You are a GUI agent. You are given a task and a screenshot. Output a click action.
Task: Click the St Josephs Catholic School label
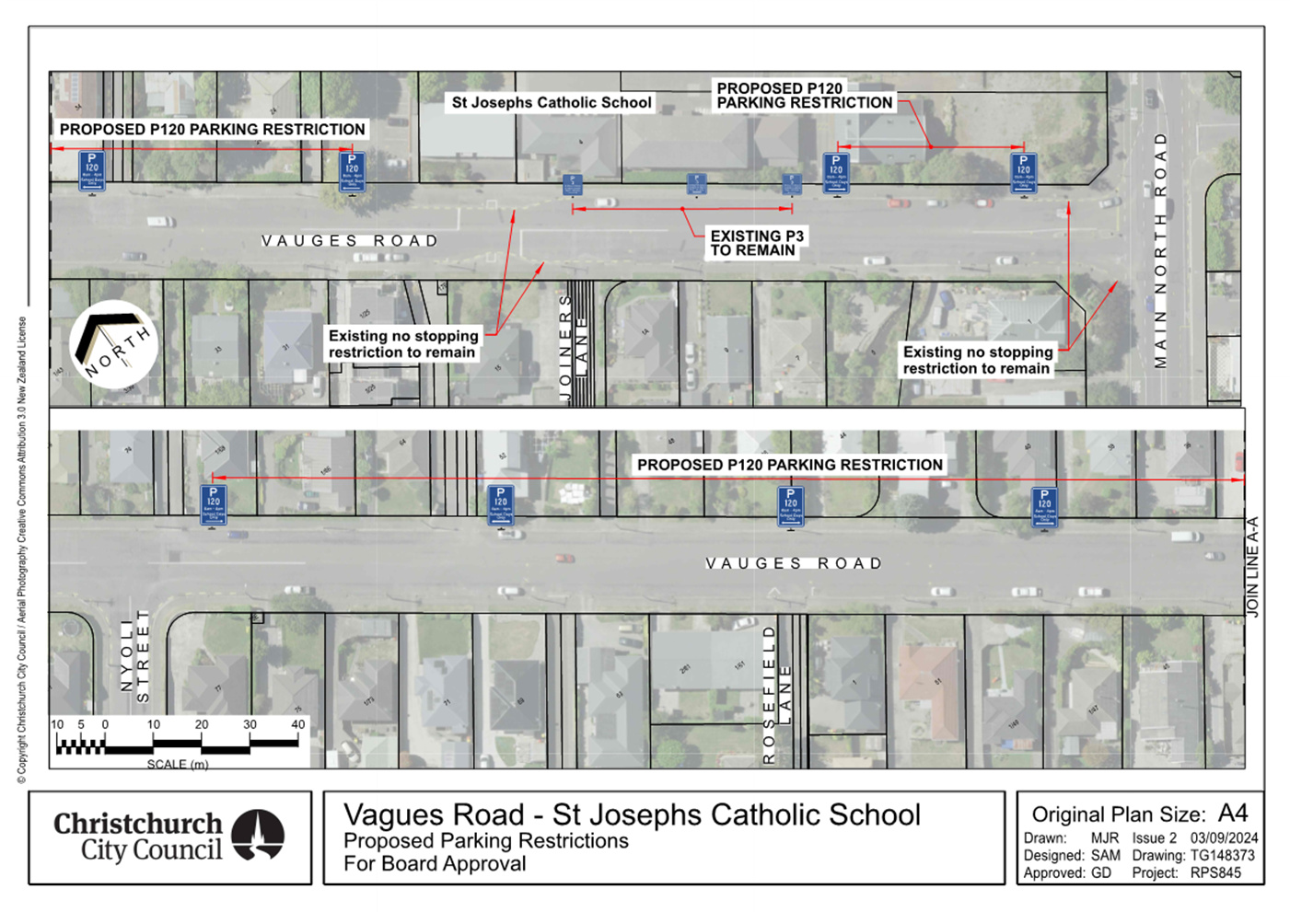click(x=551, y=103)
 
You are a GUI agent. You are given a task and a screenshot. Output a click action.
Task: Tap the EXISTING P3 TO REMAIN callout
click(x=756, y=243)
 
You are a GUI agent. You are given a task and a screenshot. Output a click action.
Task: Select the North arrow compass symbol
click(x=113, y=344)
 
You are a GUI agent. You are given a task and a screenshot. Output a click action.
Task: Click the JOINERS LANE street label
click(x=573, y=345)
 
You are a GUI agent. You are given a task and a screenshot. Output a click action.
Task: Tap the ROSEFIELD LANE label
click(x=777, y=695)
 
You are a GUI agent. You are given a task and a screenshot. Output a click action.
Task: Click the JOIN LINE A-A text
click(x=1252, y=567)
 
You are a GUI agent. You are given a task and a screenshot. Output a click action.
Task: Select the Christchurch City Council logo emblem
click(x=258, y=835)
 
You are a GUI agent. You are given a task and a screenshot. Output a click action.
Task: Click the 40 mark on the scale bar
click(x=297, y=724)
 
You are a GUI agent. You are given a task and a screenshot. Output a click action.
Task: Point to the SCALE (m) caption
click(x=178, y=764)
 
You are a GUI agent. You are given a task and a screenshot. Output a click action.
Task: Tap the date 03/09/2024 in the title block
click(x=1224, y=837)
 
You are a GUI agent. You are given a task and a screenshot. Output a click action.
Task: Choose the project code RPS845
click(x=1215, y=872)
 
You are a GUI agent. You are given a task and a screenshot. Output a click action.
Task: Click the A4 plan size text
click(x=1232, y=814)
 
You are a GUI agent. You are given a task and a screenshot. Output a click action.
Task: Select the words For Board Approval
click(x=435, y=863)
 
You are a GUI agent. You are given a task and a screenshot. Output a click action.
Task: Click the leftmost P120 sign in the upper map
click(x=91, y=171)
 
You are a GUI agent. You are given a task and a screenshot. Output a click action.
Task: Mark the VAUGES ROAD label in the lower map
click(x=794, y=563)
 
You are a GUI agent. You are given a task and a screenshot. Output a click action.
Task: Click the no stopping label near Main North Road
click(x=977, y=360)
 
